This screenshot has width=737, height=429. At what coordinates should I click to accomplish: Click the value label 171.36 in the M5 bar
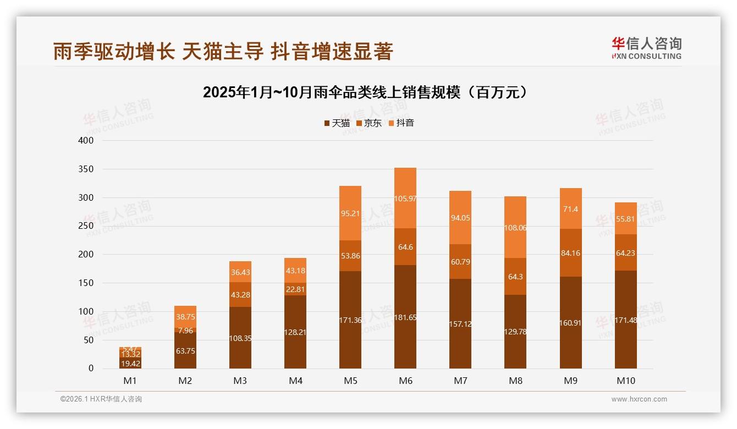350,320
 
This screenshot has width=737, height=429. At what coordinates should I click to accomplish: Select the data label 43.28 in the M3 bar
240,295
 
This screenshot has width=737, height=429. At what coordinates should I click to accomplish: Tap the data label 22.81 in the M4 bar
295,289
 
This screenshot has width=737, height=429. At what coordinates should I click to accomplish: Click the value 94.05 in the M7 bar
460,218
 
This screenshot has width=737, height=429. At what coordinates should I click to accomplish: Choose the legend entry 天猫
337,123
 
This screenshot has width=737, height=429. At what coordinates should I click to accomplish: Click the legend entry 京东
369,123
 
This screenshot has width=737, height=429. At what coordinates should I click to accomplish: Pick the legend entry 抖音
401,123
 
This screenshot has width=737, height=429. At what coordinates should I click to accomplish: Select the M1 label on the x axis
130,381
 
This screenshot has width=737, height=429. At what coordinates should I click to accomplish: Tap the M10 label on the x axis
625,381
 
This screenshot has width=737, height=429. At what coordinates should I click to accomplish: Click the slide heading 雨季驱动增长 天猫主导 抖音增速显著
223,51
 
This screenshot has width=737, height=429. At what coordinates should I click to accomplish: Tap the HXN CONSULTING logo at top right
646,48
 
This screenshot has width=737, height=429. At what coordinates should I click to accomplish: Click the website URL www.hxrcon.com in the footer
639,399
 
